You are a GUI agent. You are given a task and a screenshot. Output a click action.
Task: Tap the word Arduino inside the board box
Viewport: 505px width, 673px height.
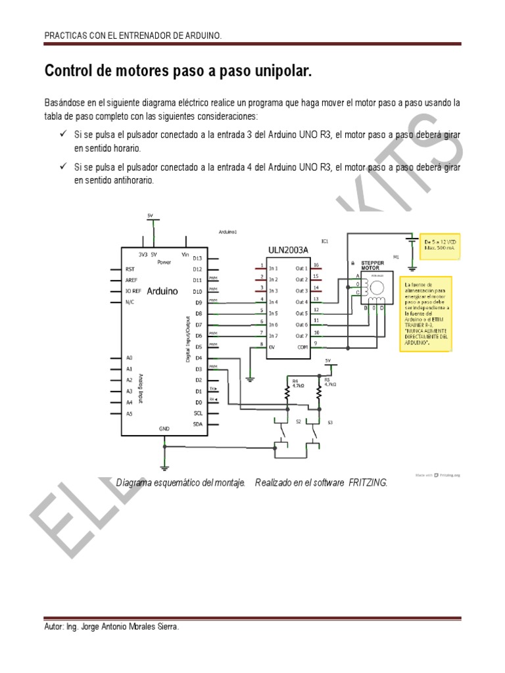pos(162,290)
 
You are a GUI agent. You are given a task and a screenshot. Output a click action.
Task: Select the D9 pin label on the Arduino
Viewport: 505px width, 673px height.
pos(197,303)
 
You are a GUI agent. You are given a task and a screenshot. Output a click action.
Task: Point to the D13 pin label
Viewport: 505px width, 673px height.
pos(197,258)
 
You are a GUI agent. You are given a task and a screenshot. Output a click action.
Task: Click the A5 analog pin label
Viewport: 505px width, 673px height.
pos(130,413)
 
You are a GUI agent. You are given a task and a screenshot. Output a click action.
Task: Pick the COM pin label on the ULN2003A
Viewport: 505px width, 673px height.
pos(301,347)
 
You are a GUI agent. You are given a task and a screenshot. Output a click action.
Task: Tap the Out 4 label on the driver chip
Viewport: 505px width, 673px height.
pos(302,302)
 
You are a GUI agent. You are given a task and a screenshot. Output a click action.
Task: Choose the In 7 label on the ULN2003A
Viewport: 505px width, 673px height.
pos(273,336)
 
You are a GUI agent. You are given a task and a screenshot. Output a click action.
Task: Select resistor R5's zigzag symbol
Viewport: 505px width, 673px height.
pos(320,394)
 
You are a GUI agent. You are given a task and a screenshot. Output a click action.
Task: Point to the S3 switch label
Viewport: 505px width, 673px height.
pos(330,422)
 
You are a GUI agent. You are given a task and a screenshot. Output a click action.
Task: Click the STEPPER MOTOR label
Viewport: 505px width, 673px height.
pos(372,265)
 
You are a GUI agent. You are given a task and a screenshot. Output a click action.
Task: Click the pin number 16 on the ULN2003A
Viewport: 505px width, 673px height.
pos(316,266)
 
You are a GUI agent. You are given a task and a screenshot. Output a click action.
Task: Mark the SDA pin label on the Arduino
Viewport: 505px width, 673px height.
pos(197,425)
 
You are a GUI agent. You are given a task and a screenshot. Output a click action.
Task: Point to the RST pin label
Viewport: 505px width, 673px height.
pos(131,269)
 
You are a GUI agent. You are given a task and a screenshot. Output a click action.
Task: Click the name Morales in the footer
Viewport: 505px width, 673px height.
pos(135,628)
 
